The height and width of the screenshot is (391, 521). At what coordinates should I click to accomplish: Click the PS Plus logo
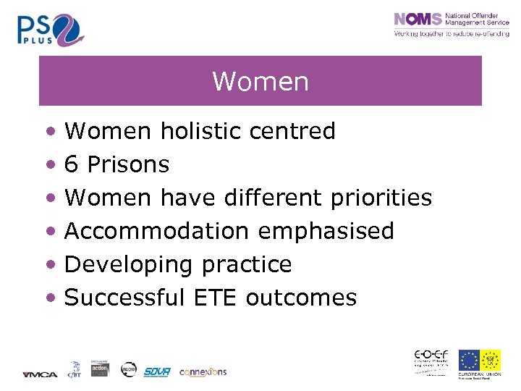pos(51,30)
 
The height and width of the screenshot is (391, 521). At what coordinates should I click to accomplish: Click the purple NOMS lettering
pos(418,20)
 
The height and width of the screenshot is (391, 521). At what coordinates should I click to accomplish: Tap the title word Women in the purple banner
pos(260,82)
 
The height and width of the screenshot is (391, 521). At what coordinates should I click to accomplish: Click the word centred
pos(292,131)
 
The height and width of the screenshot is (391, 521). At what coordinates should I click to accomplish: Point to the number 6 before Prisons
pos(72,164)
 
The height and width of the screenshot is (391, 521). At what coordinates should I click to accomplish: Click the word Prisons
pos(128,164)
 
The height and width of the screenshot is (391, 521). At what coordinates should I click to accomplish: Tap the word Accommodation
pos(156,231)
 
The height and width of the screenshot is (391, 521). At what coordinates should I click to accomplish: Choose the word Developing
pos(129,265)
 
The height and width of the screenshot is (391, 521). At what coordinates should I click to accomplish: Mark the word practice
pos(247,264)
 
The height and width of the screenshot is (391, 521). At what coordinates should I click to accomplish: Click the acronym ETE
pos(216,298)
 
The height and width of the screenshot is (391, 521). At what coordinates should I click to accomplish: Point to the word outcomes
pos(301,298)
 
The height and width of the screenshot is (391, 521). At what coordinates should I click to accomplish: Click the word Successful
pos(124,298)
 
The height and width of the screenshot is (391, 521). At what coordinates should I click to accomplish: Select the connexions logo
pos(203,371)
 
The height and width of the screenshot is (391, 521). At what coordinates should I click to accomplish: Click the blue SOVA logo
pos(156,371)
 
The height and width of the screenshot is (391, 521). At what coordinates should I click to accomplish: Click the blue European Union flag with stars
pos(468,360)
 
